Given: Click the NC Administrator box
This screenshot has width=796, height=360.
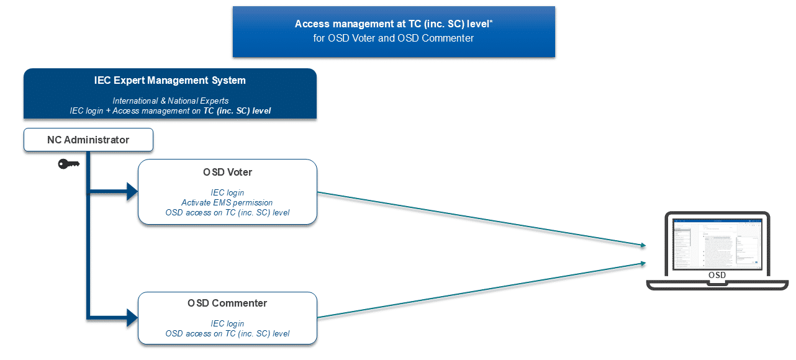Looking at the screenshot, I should [x=88, y=140].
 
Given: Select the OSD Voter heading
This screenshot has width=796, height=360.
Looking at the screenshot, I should [x=227, y=172].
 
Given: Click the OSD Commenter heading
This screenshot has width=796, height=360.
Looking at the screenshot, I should [x=227, y=304].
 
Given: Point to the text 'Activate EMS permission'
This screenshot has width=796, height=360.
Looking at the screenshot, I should [x=227, y=202].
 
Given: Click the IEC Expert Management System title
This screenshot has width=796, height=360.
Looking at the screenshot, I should [x=170, y=81].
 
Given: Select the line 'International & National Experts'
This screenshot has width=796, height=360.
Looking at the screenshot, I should [x=170, y=101].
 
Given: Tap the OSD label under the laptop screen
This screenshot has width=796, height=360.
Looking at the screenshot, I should [x=717, y=275].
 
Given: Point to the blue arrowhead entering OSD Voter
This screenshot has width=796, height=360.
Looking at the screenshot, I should [x=131, y=192].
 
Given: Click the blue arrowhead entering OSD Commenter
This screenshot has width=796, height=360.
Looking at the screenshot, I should [x=131, y=318].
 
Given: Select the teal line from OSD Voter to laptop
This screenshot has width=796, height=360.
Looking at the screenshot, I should [x=478, y=218].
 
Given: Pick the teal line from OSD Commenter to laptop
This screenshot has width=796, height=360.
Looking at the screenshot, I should [x=478, y=290].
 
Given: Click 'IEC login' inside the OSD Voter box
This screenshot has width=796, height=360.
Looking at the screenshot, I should [x=227, y=192].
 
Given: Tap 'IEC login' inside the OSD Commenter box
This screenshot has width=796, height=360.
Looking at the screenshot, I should [x=227, y=323].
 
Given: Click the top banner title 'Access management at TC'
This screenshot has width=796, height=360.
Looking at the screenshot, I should [x=394, y=24].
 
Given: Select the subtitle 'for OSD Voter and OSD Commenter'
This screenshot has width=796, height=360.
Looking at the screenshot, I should [x=394, y=38].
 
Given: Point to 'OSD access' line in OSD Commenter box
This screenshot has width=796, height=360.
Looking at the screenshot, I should [x=227, y=333].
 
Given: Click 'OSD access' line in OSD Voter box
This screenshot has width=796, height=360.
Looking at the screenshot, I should [x=227, y=212].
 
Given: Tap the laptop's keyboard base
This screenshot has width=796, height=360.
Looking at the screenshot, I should [x=717, y=285].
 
